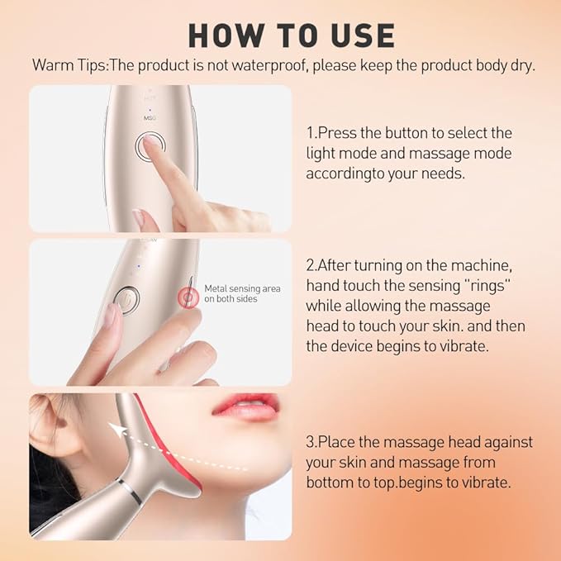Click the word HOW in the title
[219, 35]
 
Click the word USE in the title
[358, 35]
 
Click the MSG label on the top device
[150, 119]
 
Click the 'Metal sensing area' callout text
[242, 288]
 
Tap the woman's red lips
[246, 406]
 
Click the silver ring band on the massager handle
[124, 492]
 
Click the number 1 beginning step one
[310, 132]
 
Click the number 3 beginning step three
[311, 441]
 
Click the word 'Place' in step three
[337, 441]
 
